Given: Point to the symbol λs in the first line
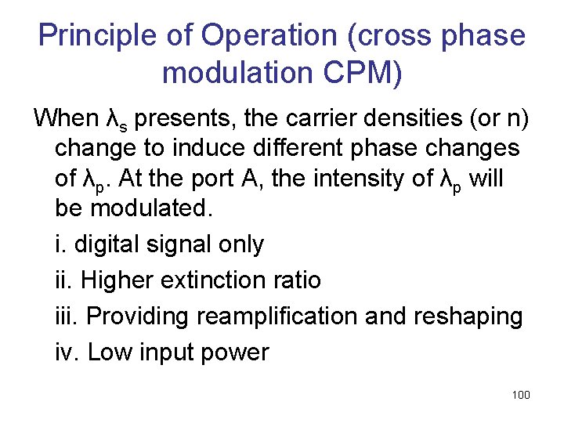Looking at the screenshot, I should pos(115,120).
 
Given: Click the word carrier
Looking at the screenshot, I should pos(309,118).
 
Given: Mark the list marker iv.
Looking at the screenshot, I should pos(67,352).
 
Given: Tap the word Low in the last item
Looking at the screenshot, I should pos(109,352).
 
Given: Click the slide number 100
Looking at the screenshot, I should pos(520,395).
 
